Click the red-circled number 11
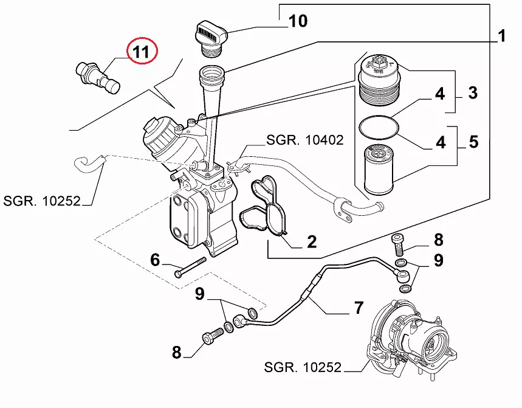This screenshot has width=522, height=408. (x=141, y=52)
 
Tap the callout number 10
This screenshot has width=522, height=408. (x=298, y=22)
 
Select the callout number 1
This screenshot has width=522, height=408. (x=502, y=36)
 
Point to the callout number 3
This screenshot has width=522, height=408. (x=473, y=93)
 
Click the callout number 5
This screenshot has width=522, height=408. (x=473, y=142)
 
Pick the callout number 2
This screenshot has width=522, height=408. (x=311, y=243)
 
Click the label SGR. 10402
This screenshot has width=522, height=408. (x=305, y=140)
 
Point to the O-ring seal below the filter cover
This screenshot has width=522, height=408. (x=379, y=128)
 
